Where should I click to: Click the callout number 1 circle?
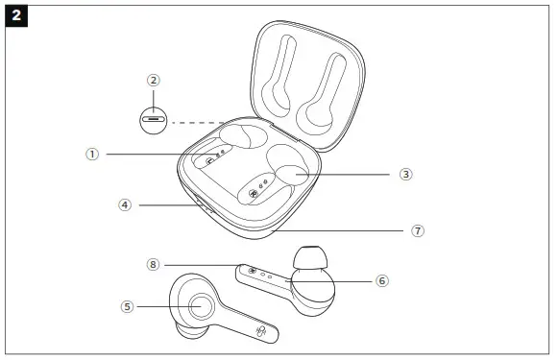[x=92, y=155]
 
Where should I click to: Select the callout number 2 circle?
[x=154, y=81]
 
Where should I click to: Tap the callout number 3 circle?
[x=405, y=175]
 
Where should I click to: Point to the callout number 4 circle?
[x=125, y=204]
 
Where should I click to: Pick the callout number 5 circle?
[x=128, y=306]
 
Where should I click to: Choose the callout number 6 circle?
[x=382, y=281]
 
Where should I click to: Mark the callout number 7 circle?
[x=418, y=230]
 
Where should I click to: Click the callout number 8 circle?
[x=153, y=265]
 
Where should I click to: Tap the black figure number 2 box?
[x=16, y=15]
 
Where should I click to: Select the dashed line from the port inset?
[x=198, y=123]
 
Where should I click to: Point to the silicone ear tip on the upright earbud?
[x=310, y=258]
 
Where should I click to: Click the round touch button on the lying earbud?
[x=202, y=306]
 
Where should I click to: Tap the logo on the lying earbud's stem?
[x=261, y=332]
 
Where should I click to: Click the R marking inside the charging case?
[x=253, y=194]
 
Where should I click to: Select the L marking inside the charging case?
[x=210, y=162]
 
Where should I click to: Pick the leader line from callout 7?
[x=337, y=230]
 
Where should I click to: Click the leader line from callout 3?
[x=343, y=175]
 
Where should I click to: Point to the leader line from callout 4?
[x=168, y=205]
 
